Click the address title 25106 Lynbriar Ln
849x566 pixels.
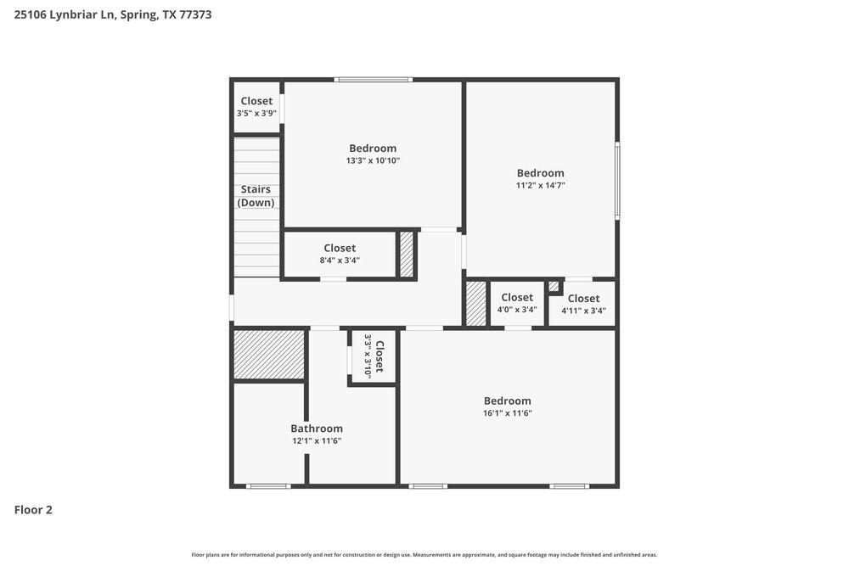(x=112, y=14)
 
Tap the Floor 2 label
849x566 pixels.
(x=33, y=510)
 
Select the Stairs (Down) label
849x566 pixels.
(x=256, y=196)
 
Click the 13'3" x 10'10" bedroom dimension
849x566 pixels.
(x=373, y=160)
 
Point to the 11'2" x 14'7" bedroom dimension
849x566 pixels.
(x=540, y=185)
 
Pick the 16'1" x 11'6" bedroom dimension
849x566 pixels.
(x=508, y=413)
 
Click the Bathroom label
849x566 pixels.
(x=317, y=429)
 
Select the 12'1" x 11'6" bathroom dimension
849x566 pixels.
(x=317, y=440)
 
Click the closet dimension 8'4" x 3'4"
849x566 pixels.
(x=340, y=261)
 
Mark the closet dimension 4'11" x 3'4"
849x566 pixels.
(x=583, y=311)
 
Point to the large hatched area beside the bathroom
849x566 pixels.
(x=269, y=355)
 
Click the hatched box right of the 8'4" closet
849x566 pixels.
(x=407, y=254)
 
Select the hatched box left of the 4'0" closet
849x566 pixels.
(x=476, y=303)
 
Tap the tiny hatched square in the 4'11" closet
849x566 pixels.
(x=554, y=286)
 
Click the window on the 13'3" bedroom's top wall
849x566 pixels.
(x=374, y=80)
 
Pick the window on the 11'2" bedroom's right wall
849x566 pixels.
(x=617, y=180)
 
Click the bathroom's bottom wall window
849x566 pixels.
(x=267, y=486)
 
